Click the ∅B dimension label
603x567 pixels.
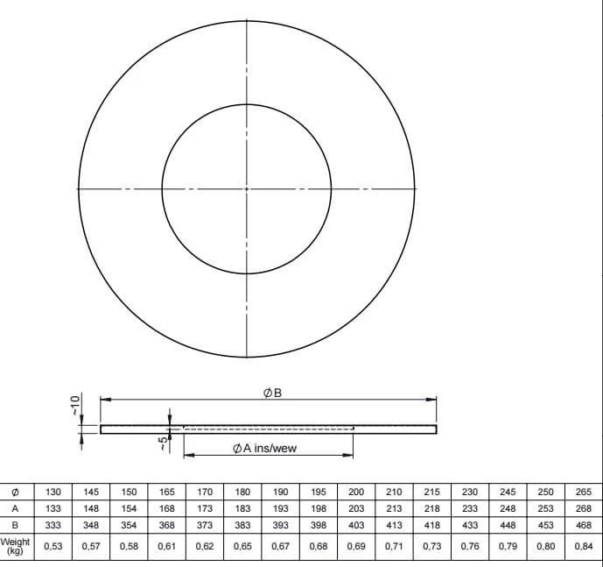pos(272,393)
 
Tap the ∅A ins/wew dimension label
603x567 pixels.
pos(265,448)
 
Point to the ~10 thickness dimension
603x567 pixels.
pos(76,405)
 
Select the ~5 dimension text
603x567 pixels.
pos(164,443)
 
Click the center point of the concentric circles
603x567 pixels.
pos(247,188)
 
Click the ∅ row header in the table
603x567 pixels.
pos(15,493)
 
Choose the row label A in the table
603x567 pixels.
pos(15,508)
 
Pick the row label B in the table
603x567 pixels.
pos(15,525)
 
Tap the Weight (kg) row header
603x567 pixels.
pos(15,546)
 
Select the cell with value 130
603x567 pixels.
pos(53,492)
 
